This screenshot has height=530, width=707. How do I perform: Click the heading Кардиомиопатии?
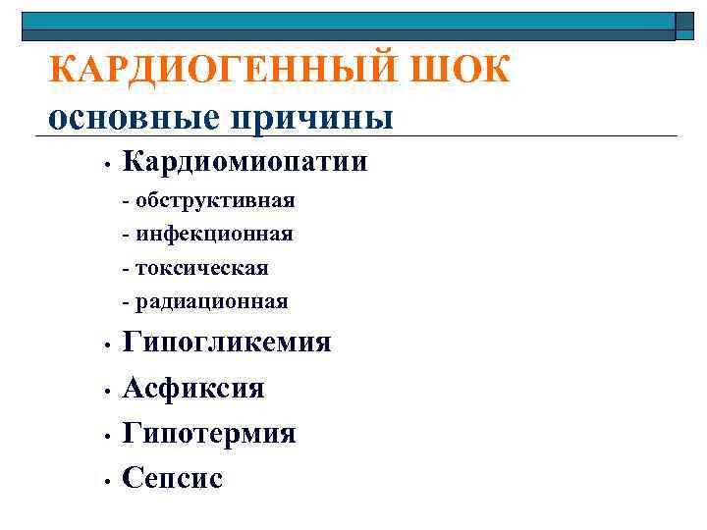tap(245, 161)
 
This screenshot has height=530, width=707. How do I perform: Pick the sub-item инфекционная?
tap(214, 235)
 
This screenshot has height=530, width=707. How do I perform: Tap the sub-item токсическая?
tap(201, 268)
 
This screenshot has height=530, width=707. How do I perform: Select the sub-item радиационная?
tap(212, 301)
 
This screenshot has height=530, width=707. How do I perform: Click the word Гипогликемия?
tap(227, 343)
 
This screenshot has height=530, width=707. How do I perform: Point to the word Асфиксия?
tap(193, 388)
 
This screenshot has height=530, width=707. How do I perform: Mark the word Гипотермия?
tap(209, 433)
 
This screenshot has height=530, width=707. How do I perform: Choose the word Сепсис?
tap(173, 478)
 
